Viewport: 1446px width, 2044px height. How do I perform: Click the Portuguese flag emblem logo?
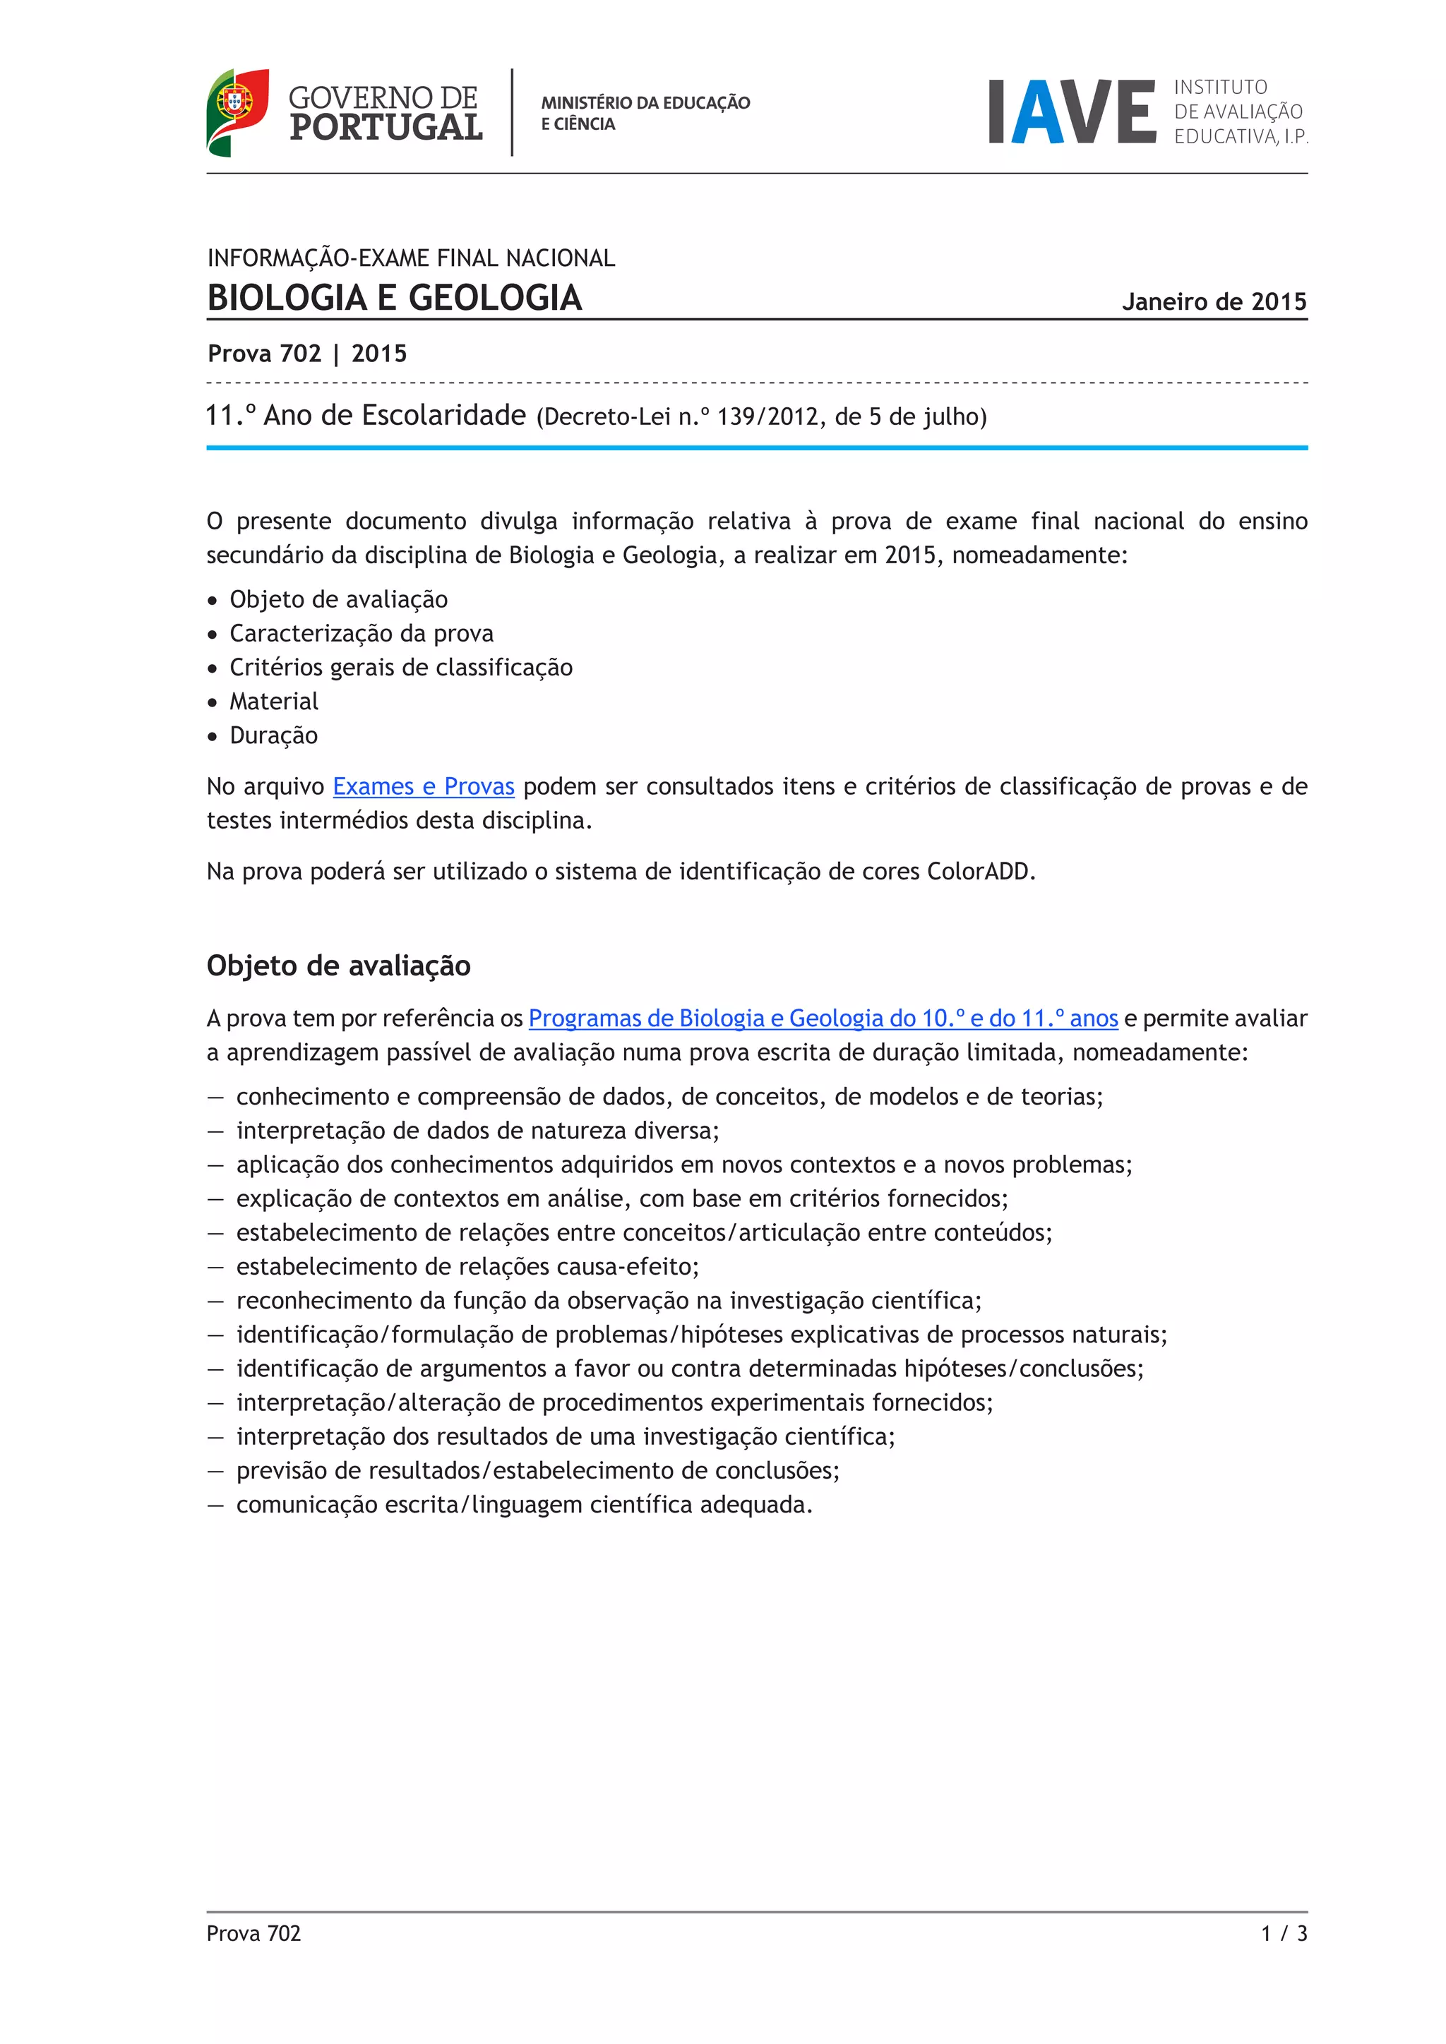pyautogui.click(x=237, y=112)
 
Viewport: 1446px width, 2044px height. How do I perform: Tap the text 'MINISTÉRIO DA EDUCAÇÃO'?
pyautogui.click(x=645, y=102)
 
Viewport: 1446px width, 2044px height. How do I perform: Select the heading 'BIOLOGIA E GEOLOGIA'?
pyautogui.click(x=395, y=297)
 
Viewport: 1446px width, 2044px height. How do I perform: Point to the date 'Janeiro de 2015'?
pyautogui.click(x=1214, y=302)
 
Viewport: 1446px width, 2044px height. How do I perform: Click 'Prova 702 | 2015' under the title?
pyautogui.click(x=307, y=354)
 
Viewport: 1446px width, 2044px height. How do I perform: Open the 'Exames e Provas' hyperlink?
pyautogui.click(x=423, y=786)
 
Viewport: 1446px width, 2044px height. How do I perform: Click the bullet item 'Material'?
pyautogui.click(x=273, y=702)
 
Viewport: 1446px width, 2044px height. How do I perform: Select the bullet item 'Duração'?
pyautogui.click(x=273, y=735)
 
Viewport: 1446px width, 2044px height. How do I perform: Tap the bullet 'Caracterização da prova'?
pyautogui.click(x=361, y=633)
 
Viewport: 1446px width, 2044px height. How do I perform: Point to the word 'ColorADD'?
pyautogui.click(x=979, y=871)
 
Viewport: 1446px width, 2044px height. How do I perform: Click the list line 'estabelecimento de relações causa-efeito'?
pyautogui.click(x=467, y=1266)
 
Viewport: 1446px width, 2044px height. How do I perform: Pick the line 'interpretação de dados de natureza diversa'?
pyautogui.click(x=477, y=1130)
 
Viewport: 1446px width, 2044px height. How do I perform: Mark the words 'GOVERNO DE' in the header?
pyautogui.click(x=383, y=97)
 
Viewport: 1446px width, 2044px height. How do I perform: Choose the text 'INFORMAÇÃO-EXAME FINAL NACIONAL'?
pyautogui.click(x=410, y=258)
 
